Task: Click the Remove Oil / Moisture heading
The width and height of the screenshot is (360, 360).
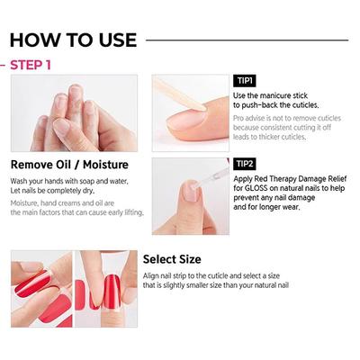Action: pyautogui.click(x=70, y=165)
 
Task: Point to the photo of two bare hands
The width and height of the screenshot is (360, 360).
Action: pyautogui.click(x=73, y=114)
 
